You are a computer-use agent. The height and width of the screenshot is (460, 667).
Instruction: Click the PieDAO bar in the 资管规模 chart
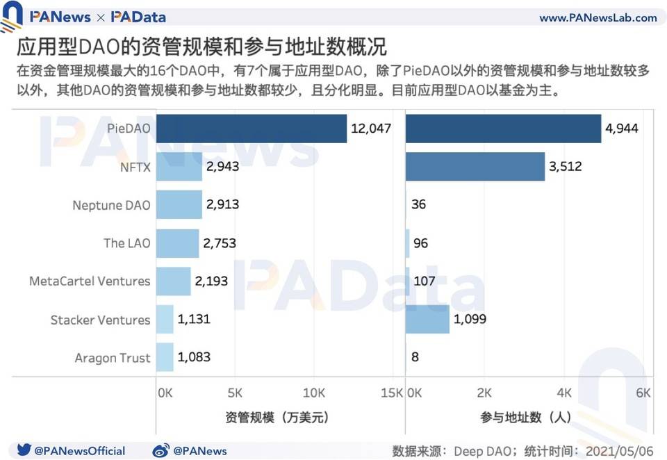[251, 129]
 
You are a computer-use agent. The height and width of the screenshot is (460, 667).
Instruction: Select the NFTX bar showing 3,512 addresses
[475, 167]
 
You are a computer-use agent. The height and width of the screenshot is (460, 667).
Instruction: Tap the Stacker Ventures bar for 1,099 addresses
[428, 320]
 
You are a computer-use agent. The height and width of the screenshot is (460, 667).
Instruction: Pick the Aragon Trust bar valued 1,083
[165, 357]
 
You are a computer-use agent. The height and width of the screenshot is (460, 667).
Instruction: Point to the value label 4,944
[622, 129]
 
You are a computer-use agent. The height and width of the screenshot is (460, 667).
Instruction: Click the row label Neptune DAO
[111, 205]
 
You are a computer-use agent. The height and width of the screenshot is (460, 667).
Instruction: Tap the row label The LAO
[126, 243]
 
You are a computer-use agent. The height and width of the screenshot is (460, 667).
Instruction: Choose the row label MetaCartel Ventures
[90, 281]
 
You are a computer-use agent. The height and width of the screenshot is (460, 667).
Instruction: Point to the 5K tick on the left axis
[236, 393]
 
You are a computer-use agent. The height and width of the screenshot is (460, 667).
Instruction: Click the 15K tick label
[391, 393]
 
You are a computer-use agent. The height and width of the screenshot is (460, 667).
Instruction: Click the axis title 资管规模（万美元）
[277, 418]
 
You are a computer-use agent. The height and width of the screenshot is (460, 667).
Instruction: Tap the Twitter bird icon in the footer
[24, 450]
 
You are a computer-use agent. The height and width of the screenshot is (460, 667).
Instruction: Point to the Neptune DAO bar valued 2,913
[177, 205]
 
